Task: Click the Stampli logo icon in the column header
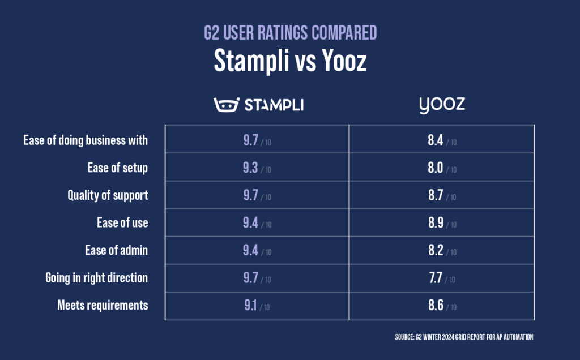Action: coord(226,104)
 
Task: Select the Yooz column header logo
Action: coord(442,105)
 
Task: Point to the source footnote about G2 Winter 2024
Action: coord(464,337)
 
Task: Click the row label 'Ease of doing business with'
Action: coord(86,140)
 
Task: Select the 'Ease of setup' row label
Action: coord(118,168)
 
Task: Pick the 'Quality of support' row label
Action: coord(108,195)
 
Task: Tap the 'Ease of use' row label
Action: coord(122,223)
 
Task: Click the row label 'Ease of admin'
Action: coord(117,251)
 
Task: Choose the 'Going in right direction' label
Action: coord(97,278)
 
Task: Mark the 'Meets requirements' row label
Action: coord(103,306)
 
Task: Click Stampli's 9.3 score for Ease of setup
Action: coord(250,168)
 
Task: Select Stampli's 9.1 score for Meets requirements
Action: coord(250,306)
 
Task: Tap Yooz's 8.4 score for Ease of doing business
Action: coord(436,140)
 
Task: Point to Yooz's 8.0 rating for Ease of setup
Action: coord(436,168)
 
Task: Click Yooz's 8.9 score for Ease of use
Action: coord(436,224)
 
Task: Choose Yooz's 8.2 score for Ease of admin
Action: coord(436,251)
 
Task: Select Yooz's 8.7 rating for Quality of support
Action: coord(436,196)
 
